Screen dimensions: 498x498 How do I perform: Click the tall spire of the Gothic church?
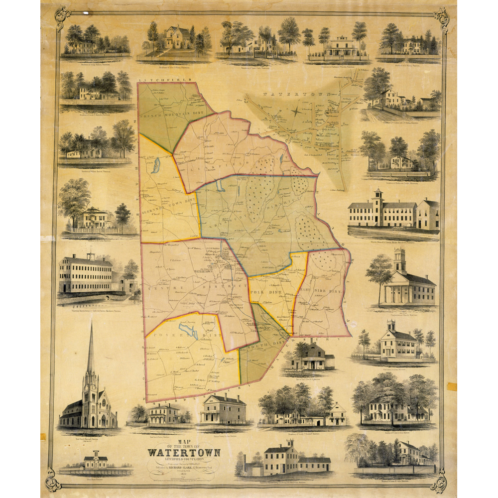[91, 349]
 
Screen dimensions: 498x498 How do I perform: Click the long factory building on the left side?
[86, 275]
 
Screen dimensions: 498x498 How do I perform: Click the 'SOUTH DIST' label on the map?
[259, 344]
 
